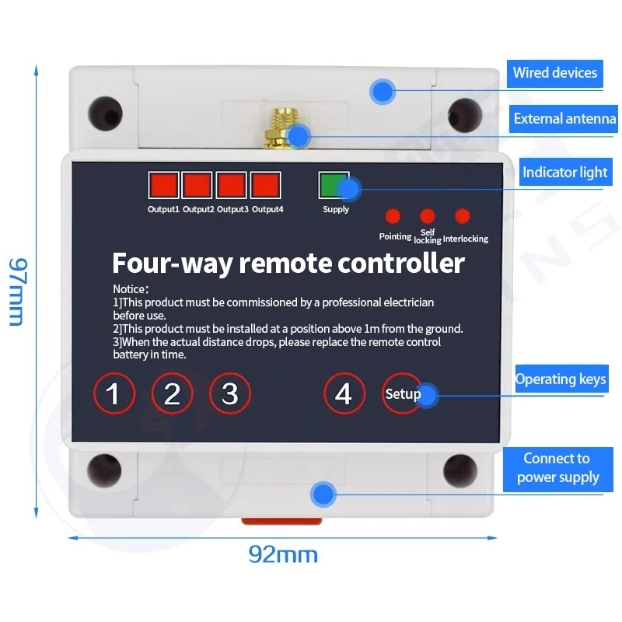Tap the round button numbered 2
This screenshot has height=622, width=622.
point(172,394)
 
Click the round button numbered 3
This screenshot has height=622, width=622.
point(230,393)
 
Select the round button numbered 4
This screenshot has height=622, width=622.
point(344,393)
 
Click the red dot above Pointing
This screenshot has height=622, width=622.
point(393,216)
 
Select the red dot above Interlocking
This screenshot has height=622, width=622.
point(463,216)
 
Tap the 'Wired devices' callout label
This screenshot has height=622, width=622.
point(555,73)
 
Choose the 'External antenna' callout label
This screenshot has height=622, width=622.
point(564,119)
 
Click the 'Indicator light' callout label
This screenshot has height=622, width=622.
point(564,172)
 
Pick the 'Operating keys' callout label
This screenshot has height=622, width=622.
point(561,379)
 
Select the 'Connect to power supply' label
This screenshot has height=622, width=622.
point(557,468)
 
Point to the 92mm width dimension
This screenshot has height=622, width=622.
point(283,554)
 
